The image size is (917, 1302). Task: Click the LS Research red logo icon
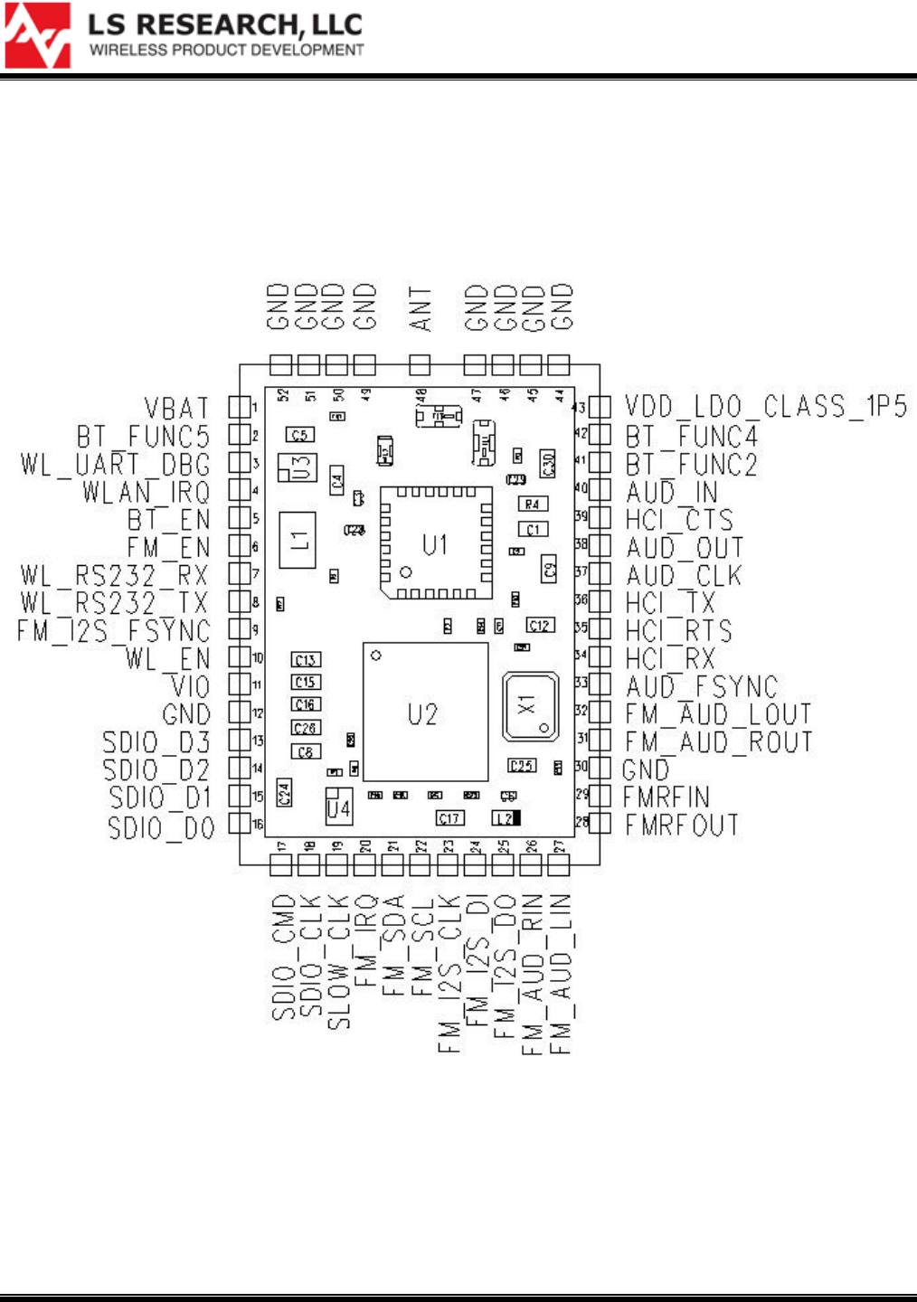tap(37, 35)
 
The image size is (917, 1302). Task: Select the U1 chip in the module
tap(436, 543)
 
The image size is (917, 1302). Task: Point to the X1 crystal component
tap(530, 705)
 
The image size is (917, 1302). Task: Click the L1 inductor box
tap(298, 540)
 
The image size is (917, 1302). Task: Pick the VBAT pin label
tap(176, 408)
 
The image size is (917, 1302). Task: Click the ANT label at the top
tap(420, 309)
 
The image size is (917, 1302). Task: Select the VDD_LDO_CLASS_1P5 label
tap(765, 407)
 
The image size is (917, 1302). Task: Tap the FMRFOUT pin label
tap(682, 825)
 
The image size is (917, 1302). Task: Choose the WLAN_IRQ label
tap(146, 492)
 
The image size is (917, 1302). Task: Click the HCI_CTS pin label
tap(679, 520)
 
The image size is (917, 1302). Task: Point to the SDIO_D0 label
tap(161, 827)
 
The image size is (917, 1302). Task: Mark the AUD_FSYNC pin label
tap(702, 686)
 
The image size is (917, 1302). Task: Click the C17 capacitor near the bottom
tap(449, 818)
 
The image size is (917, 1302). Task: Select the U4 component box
tap(338, 807)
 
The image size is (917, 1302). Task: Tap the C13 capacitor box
tap(306, 660)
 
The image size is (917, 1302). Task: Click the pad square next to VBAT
tap(239, 408)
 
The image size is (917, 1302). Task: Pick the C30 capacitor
tap(547, 464)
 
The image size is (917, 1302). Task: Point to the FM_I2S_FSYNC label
tap(114, 631)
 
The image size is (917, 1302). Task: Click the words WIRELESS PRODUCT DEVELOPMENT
tap(226, 50)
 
